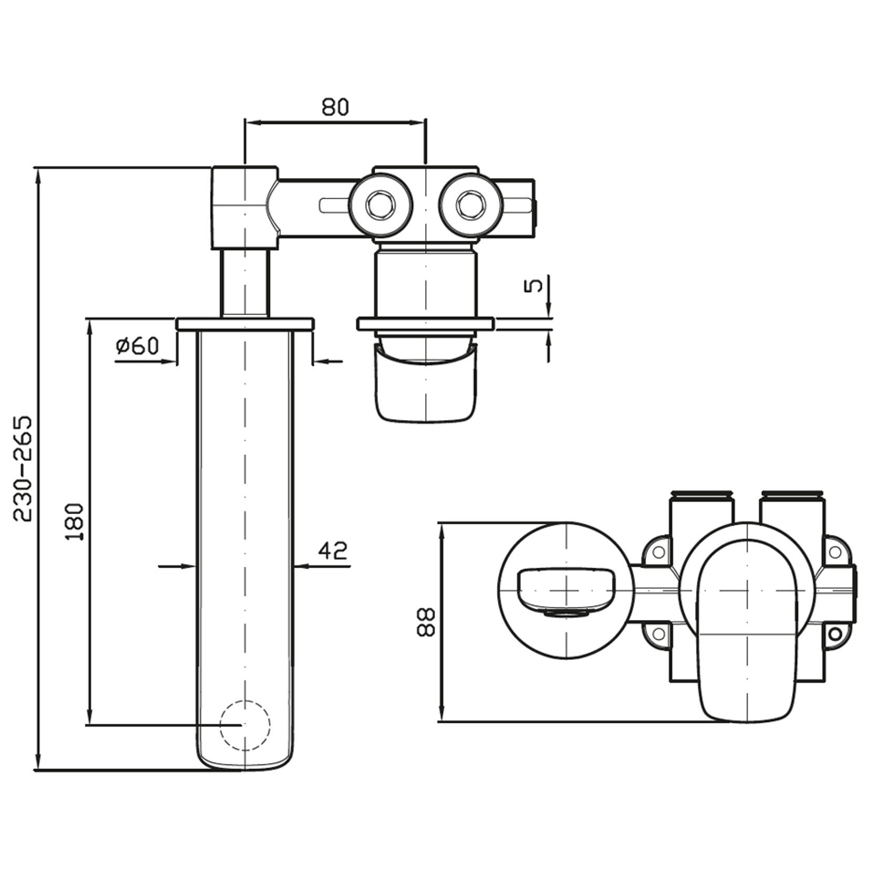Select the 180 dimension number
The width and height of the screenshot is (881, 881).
click(x=74, y=521)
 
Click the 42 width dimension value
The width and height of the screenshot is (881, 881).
click(x=333, y=550)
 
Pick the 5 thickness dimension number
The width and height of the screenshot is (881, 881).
click(x=533, y=285)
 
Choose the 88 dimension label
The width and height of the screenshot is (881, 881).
click(x=426, y=622)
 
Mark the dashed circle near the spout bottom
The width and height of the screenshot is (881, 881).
click(x=245, y=725)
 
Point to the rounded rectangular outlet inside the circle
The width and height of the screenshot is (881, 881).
click(x=566, y=590)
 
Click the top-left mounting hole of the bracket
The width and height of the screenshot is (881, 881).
click(x=658, y=552)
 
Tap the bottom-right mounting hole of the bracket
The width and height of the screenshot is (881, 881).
click(x=834, y=635)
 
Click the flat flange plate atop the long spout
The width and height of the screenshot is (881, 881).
click(x=245, y=324)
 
